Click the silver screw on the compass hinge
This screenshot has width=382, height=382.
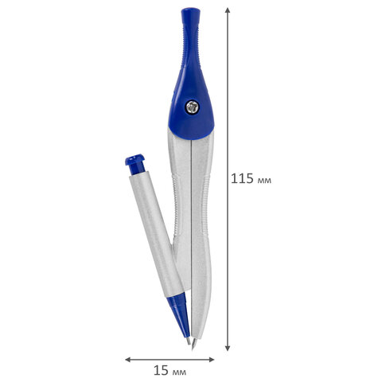point(192,107)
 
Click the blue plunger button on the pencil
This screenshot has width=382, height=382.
point(135,164)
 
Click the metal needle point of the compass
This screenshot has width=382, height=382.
point(194,344)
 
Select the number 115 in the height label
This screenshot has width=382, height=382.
point(242,178)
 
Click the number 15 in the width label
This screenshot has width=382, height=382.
point(161,370)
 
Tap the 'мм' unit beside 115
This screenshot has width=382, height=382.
point(264,181)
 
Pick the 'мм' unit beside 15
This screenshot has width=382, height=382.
point(179,372)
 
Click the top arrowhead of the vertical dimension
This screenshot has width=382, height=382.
point(228,10)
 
